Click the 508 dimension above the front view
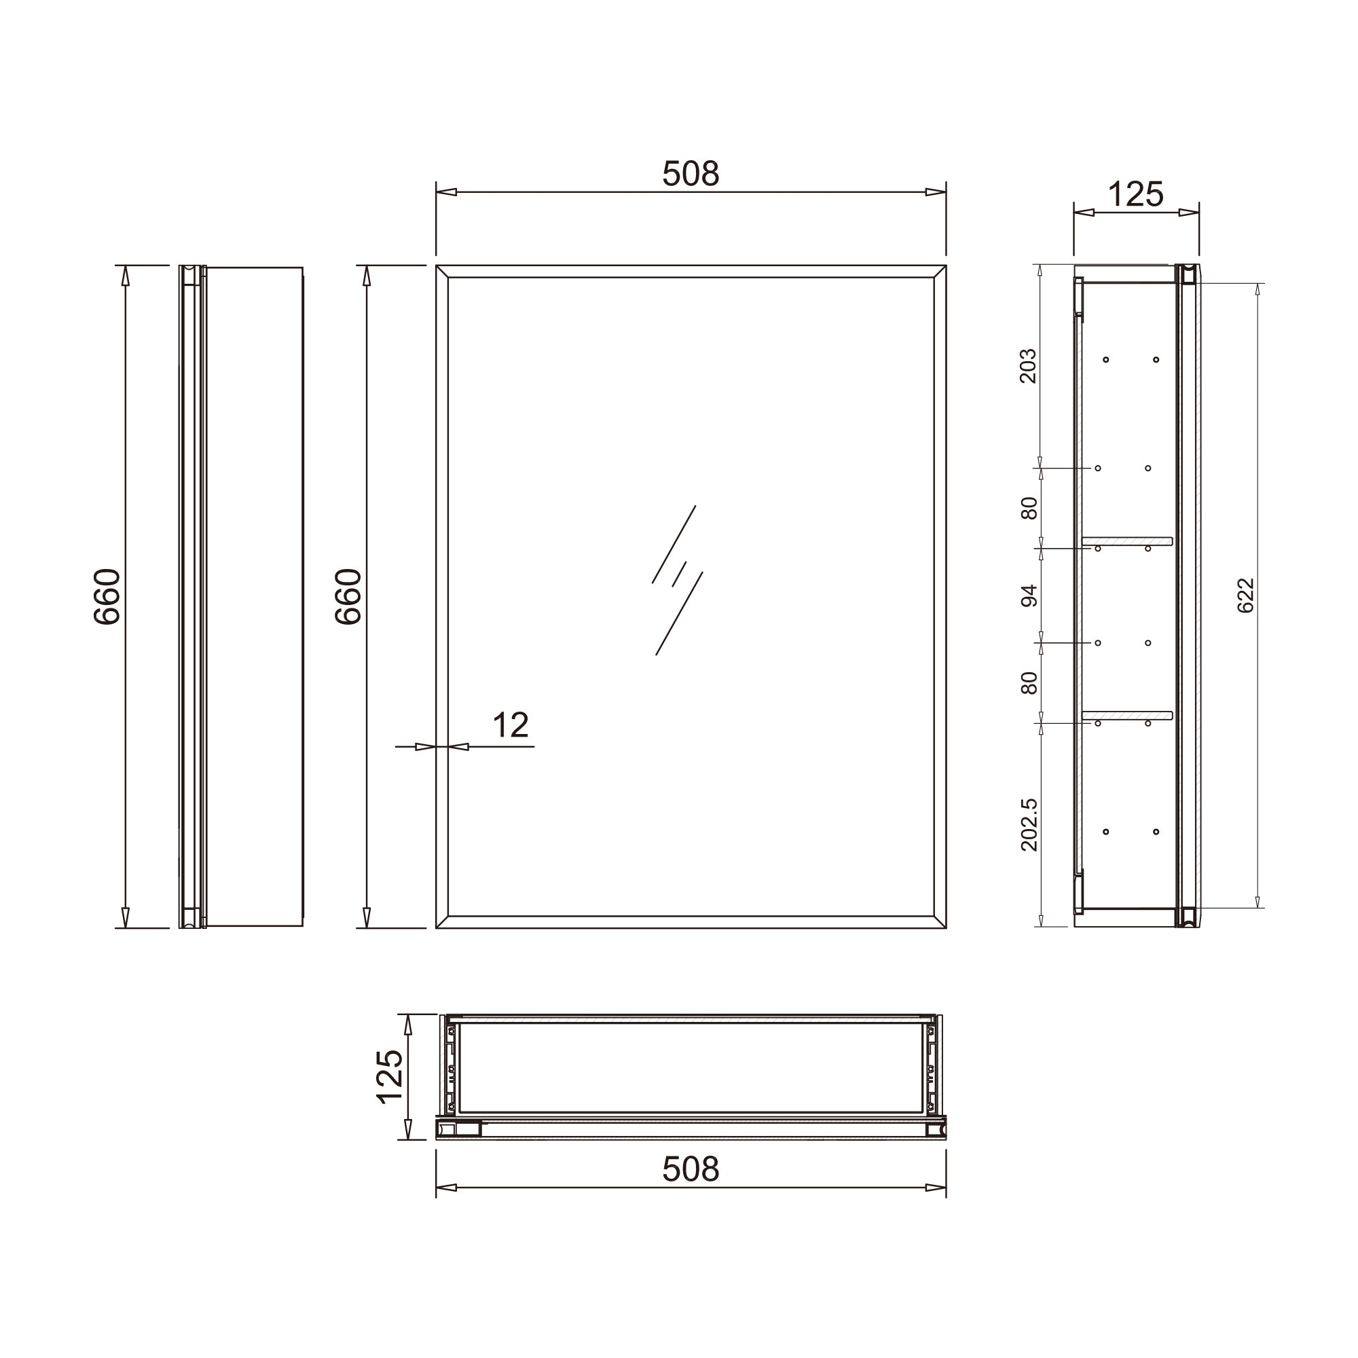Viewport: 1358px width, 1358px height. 691,174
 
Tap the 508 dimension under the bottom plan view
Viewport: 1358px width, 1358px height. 691,1169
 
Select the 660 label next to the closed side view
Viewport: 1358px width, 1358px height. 107,596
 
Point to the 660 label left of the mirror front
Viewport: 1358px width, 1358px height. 348,596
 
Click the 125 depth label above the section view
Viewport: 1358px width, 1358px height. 1136,194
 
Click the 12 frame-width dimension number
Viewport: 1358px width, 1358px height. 511,724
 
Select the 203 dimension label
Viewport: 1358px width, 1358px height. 1027,365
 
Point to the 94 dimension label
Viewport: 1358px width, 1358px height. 1028,595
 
